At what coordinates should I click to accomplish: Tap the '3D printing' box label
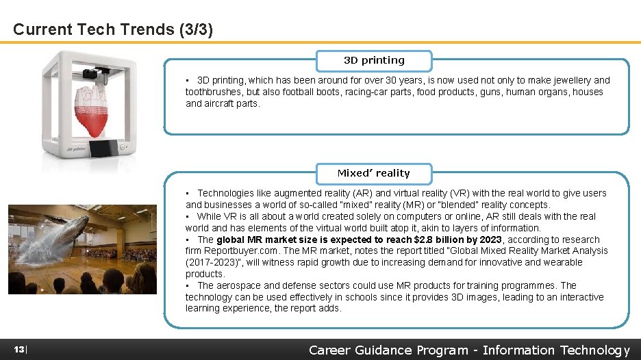pyautogui.click(x=374, y=60)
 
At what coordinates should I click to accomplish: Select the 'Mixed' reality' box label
pyautogui.click(x=374, y=173)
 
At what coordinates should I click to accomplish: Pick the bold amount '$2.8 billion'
pyautogui.click(x=440, y=240)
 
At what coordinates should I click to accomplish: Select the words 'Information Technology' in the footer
pyautogui.click(x=556, y=350)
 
